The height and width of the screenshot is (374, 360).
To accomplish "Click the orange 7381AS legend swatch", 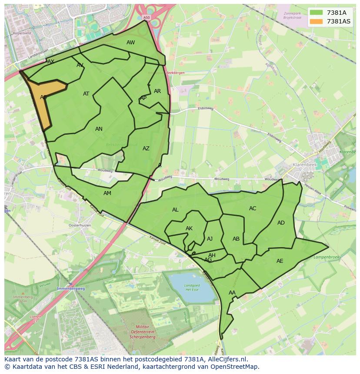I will click(x=317, y=21).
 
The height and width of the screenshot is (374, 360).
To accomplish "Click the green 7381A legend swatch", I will click(x=317, y=13).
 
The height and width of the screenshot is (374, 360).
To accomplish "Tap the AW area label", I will click(x=130, y=43).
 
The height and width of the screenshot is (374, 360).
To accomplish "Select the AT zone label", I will click(x=86, y=94).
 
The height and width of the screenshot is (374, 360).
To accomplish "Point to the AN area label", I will click(x=99, y=129).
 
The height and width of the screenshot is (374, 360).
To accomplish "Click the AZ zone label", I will click(x=146, y=149).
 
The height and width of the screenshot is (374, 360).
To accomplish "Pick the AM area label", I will click(x=107, y=193).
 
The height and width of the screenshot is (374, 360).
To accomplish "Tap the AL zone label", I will click(x=175, y=210).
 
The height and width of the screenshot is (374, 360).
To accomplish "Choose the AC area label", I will click(x=253, y=209).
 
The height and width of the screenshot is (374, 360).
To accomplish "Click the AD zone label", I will click(x=281, y=223).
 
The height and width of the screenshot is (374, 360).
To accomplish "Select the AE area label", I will click(x=280, y=261).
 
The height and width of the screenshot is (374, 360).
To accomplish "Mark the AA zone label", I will click(x=232, y=293).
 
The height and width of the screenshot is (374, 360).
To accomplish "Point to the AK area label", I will click(x=189, y=228).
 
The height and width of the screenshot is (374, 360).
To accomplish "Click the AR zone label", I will click(x=157, y=91).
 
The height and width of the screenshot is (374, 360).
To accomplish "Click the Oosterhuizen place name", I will click(x=80, y=225).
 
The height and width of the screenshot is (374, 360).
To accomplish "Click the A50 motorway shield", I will click(x=146, y=17).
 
